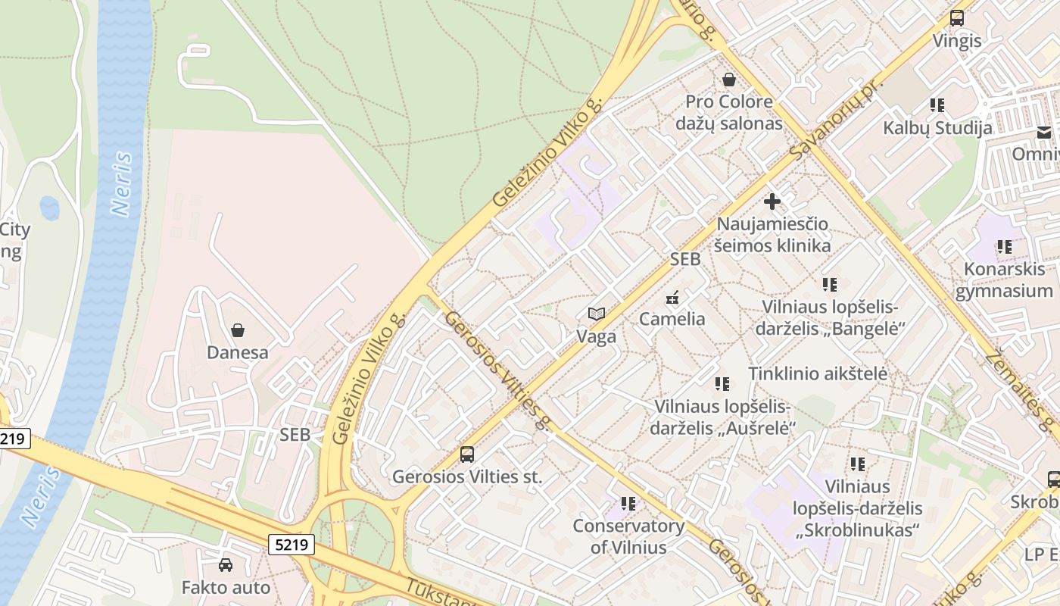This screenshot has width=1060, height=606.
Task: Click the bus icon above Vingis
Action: tap(957, 18)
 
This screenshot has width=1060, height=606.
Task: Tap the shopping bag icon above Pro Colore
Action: tap(729, 80)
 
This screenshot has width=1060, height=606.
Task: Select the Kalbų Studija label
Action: tap(937, 127)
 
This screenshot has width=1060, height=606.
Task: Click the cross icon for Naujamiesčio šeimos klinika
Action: tap(772, 201)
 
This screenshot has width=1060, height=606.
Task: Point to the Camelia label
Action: tap(672, 319)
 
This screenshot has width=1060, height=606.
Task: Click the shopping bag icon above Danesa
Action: tap(238, 330)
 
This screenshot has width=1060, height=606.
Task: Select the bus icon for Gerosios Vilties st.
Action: tap(467, 454)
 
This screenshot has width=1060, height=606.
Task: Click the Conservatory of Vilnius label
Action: tap(628, 536)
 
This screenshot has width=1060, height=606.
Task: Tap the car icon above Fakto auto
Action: tap(226, 565)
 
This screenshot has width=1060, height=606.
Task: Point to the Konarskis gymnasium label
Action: tap(1004, 280)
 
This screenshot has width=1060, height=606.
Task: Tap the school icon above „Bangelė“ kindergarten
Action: tap(830, 285)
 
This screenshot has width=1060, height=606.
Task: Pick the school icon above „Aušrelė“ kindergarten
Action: tap(722, 384)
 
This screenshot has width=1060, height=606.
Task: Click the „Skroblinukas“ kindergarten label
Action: tap(857, 508)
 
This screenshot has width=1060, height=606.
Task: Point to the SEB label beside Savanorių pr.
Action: tap(685, 259)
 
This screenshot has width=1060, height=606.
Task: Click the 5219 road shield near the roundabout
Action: tap(291, 544)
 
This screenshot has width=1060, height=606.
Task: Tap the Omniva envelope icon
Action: tap(1044, 133)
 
